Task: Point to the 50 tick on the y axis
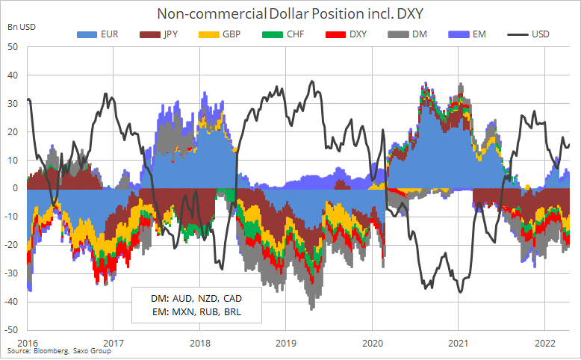tap(13, 46)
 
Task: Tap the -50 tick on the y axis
tap(11, 329)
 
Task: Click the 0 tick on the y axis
tap(15, 188)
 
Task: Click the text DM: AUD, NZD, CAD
tap(196, 297)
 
